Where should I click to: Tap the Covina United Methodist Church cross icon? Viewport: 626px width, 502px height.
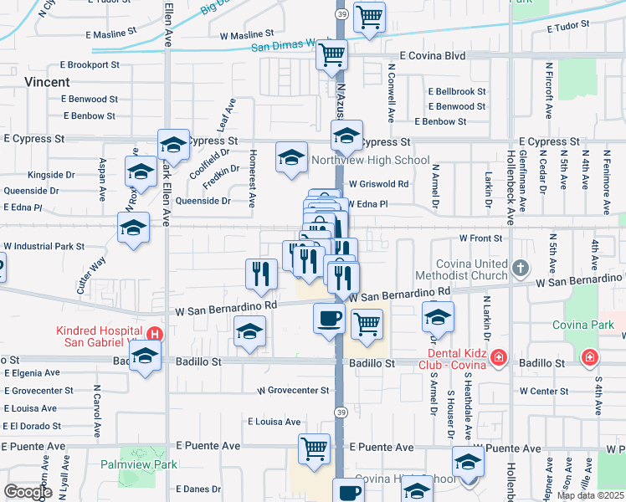coord(521,268)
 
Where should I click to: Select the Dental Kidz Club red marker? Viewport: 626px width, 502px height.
coord(499,358)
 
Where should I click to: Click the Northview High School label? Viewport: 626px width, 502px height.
coord(370,160)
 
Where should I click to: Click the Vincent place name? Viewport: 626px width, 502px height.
coord(47,82)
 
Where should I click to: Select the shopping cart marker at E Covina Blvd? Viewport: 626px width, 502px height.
coord(332,55)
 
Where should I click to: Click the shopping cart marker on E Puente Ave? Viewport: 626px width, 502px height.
coord(314,448)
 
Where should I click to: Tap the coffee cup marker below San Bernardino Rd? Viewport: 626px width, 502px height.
coord(329,319)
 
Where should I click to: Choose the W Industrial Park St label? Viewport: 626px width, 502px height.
coord(44,246)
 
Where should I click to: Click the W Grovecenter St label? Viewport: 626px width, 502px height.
coord(293,390)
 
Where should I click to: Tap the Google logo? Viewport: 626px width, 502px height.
coord(28,491)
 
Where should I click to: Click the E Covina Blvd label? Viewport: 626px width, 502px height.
coord(432,55)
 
